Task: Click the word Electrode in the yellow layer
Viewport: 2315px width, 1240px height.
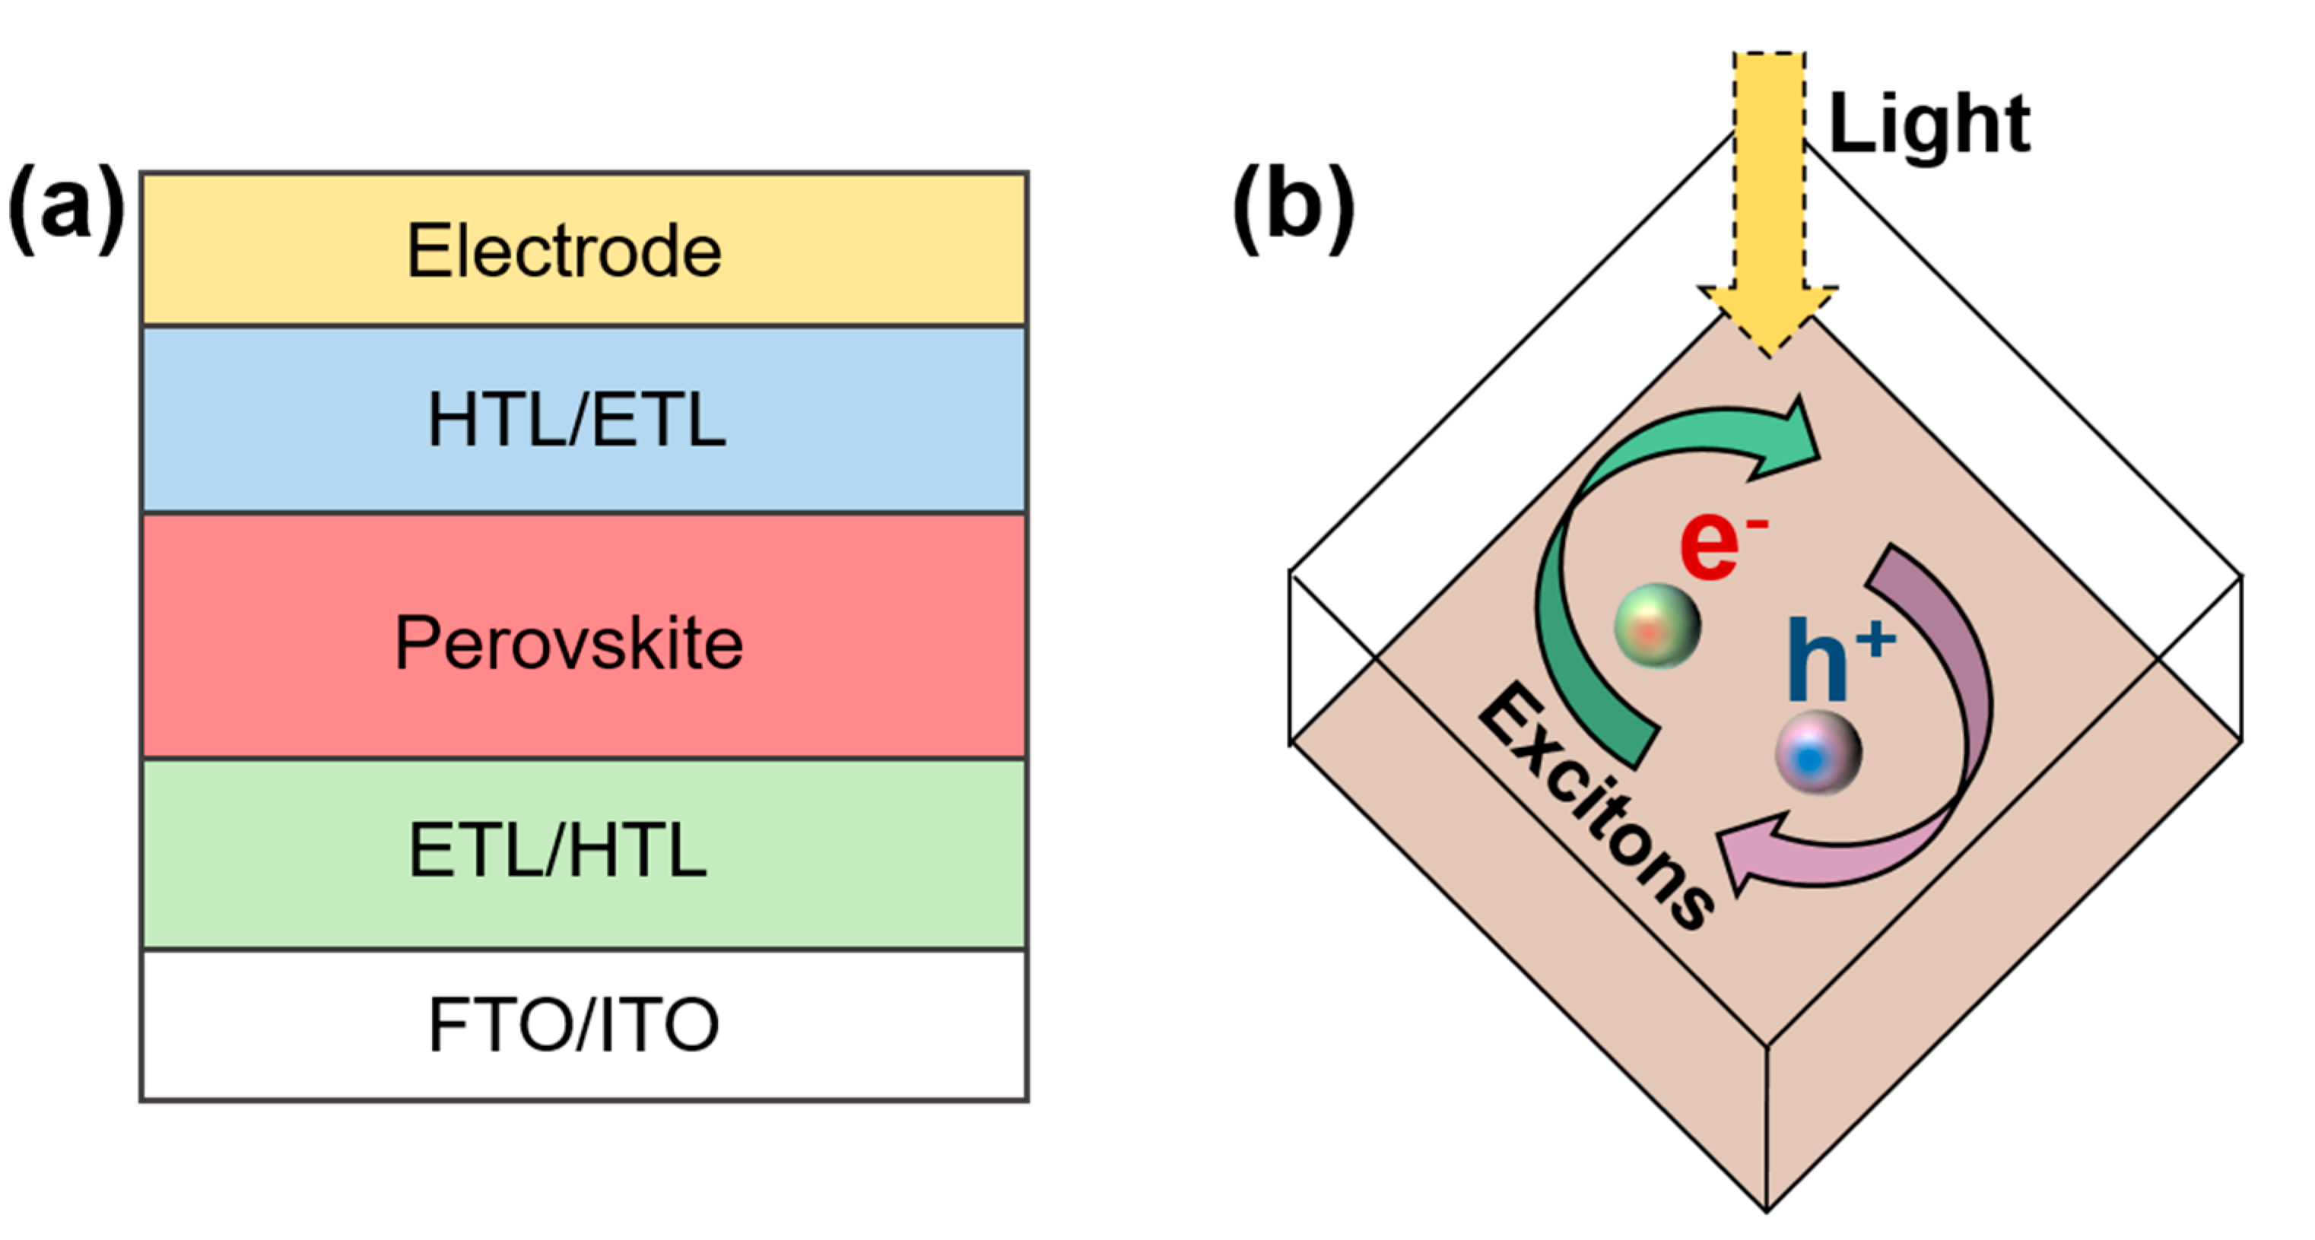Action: (564, 251)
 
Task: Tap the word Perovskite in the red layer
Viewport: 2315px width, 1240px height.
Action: (569, 643)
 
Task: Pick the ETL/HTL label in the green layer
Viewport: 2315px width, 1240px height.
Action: (557, 850)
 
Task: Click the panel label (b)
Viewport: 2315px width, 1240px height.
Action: (1292, 208)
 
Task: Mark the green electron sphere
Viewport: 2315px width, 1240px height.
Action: (1657, 626)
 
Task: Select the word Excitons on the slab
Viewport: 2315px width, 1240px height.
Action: (1594, 805)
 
